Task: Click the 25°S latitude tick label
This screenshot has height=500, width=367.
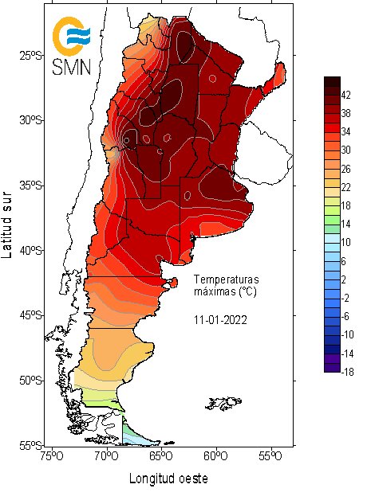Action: point(30,55)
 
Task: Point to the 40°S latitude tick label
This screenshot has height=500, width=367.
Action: point(30,250)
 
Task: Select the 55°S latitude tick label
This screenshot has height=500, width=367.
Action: point(30,444)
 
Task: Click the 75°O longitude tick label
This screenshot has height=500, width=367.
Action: point(52,458)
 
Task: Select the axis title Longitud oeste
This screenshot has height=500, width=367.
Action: point(168,479)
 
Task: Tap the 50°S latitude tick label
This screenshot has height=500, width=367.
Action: point(30,380)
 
